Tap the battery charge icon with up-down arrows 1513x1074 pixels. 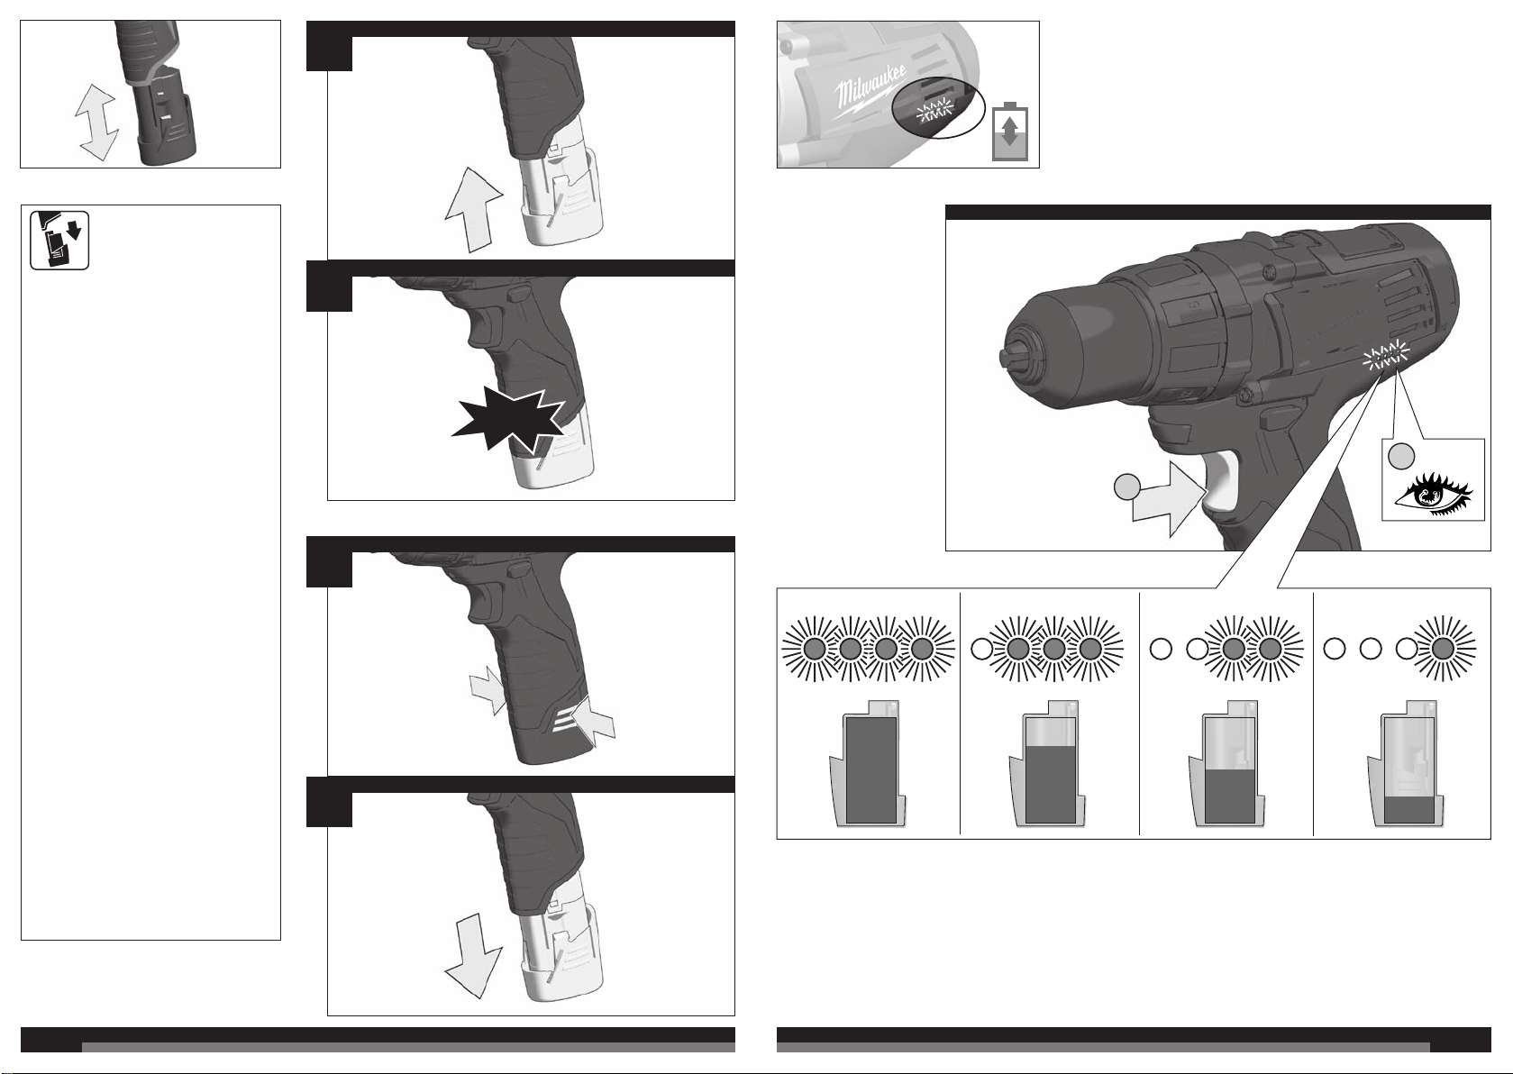tap(1010, 131)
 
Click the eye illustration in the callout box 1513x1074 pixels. tap(1434, 496)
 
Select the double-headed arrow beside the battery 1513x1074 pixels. tap(97, 123)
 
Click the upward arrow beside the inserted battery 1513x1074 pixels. tap(473, 210)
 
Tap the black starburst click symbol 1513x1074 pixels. tap(508, 420)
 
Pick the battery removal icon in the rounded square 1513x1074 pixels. tap(59, 241)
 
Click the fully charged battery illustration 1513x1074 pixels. tap(867, 763)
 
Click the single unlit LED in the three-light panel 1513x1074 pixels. tap(981, 649)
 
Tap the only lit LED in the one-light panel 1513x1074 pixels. tap(1444, 649)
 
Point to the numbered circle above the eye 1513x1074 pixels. tap(1401, 456)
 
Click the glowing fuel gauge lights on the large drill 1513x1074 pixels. tap(1386, 356)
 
